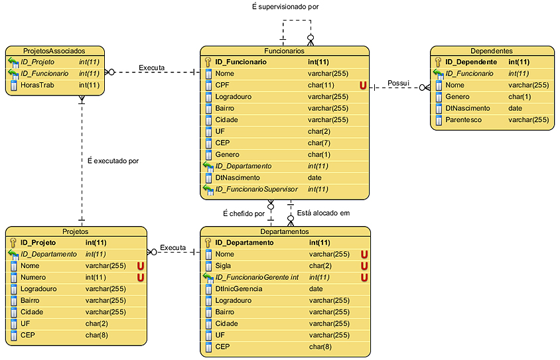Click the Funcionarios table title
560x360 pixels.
click(x=284, y=50)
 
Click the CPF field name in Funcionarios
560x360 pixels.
click(x=223, y=86)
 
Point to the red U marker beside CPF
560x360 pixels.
click(x=363, y=86)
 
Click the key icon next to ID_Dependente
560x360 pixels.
click(x=438, y=62)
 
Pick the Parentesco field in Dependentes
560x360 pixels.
click(x=464, y=120)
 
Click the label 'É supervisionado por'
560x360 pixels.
click(x=285, y=7)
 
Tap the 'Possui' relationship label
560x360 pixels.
click(x=399, y=84)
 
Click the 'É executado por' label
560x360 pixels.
click(x=113, y=160)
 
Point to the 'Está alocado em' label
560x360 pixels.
click(x=322, y=213)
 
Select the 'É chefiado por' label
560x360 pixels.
click(x=244, y=213)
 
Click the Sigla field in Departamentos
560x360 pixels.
click(x=224, y=266)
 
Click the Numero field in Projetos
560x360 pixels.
click(x=33, y=277)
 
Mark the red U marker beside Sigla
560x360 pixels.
click(x=364, y=266)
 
